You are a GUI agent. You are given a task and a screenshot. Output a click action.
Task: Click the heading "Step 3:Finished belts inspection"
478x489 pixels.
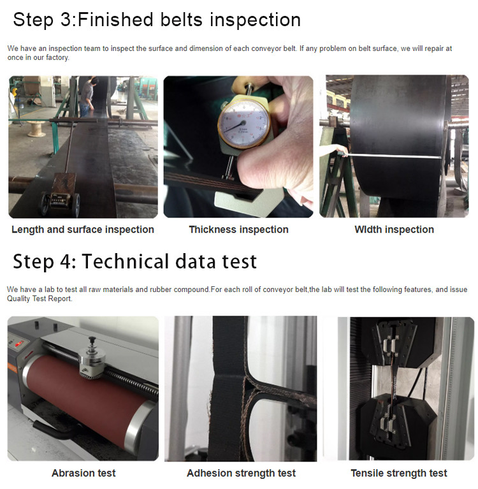point(157,20)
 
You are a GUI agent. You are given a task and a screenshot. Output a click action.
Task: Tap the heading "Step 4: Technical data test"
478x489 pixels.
point(134,261)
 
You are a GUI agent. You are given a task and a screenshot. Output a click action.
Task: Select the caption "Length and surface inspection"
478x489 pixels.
point(83,230)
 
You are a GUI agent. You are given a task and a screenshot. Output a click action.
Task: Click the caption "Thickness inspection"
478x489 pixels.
point(238,230)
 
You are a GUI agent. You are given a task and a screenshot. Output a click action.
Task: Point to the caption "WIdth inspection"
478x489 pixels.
point(394,230)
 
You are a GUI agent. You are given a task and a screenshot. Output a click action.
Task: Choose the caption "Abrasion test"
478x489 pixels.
point(83,473)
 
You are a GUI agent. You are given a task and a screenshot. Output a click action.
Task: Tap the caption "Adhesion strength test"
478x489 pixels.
point(241,473)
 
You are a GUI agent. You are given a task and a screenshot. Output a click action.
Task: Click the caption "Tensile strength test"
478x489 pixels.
point(399,473)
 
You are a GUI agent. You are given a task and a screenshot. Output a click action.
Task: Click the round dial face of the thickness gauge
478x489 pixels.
point(243,124)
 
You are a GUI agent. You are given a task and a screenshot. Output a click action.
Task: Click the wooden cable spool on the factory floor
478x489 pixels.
point(37,129)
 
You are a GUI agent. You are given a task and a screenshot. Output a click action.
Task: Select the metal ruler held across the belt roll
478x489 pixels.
point(392,156)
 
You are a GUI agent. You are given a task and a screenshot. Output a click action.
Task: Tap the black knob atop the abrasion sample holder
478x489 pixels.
point(92,339)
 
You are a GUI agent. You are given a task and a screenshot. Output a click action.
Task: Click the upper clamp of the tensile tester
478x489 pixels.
point(396,342)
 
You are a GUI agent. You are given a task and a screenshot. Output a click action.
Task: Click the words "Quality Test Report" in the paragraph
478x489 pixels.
point(40,299)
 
